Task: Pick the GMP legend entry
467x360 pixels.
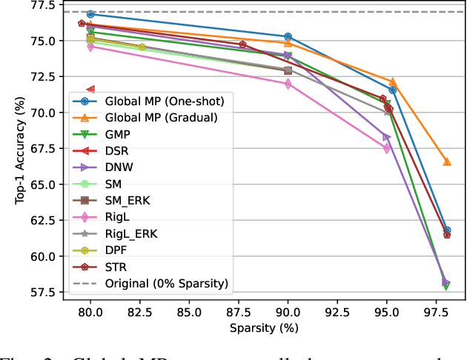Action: pos(120,134)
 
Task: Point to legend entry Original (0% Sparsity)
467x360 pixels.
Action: pos(166,283)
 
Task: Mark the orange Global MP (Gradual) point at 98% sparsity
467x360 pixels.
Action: pos(447,161)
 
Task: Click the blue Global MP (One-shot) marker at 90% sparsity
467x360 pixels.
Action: pos(288,36)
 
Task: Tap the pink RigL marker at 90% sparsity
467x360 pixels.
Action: pos(288,84)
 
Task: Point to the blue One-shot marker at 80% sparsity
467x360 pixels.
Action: pos(90,14)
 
